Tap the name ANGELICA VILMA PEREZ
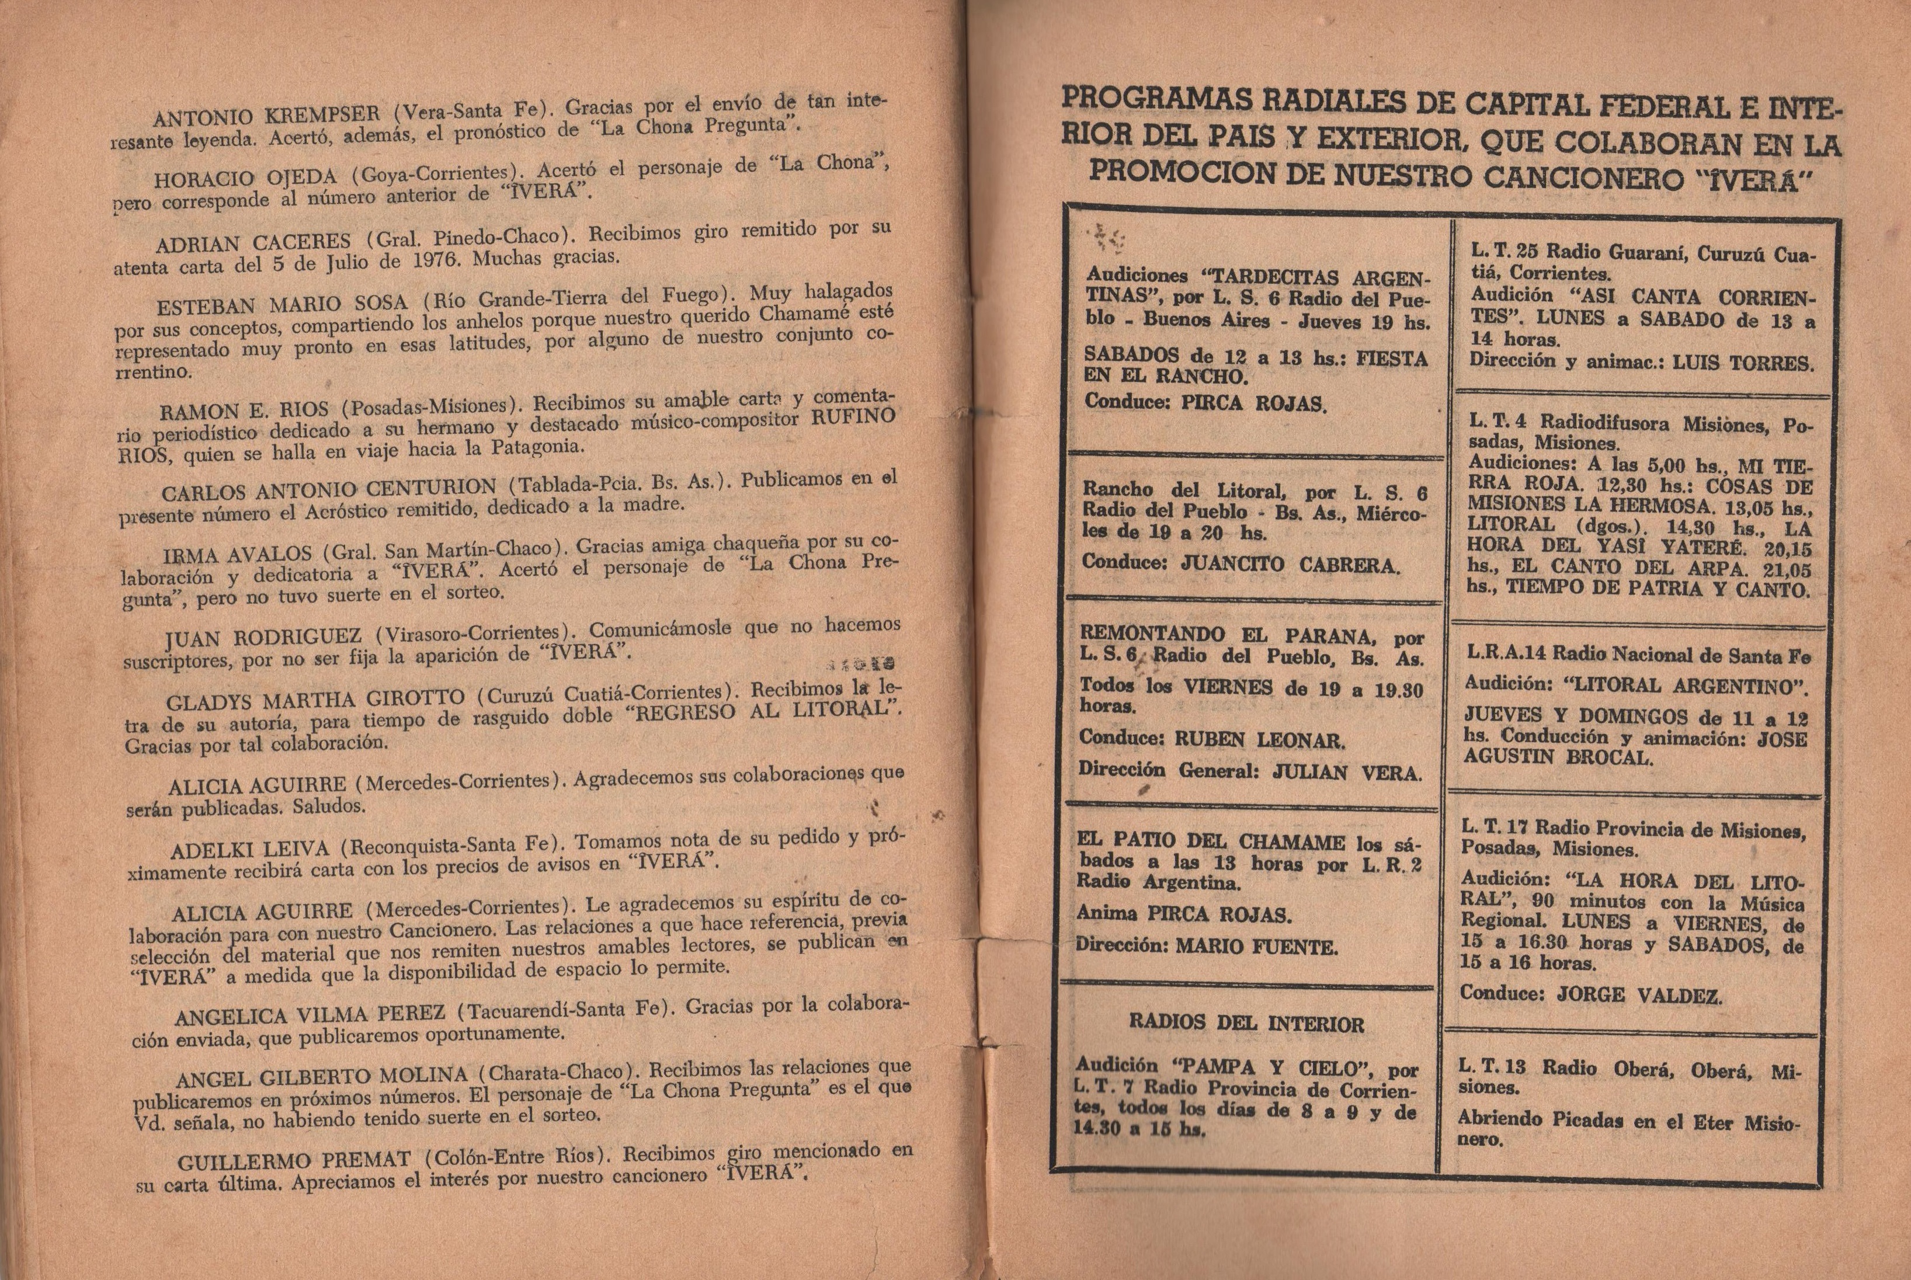[x=310, y=1015]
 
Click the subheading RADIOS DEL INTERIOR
[x=1246, y=1023]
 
